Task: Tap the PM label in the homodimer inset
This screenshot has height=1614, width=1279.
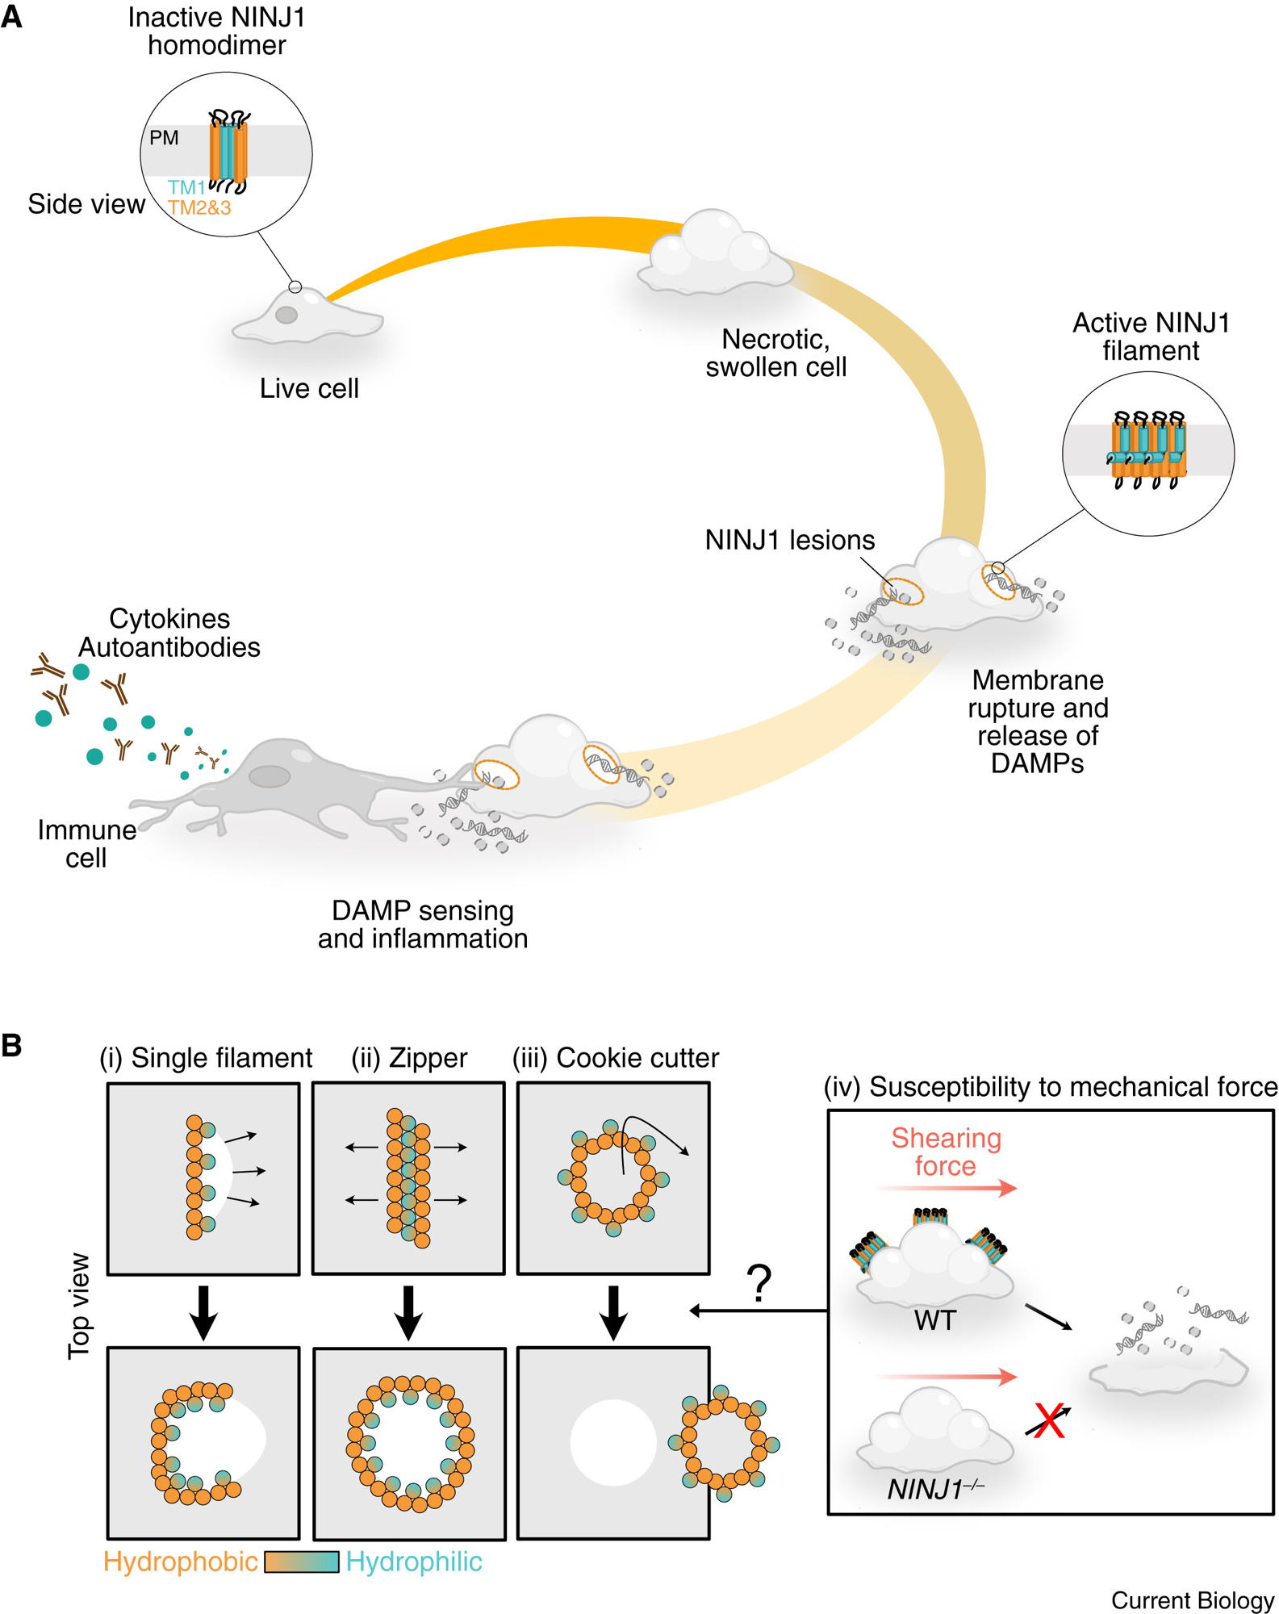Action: [x=164, y=138]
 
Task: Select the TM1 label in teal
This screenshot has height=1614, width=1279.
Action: [x=186, y=188]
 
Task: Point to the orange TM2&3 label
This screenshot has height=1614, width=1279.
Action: [x=199, y=208]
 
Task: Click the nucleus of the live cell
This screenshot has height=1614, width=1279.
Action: [x=286, y=315]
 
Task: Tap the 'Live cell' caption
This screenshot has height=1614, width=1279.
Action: [x=309, y=389]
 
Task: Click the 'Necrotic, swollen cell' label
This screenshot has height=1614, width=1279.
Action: [x=775, y=353]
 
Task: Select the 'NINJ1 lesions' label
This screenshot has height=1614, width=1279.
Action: [x=789, y=540]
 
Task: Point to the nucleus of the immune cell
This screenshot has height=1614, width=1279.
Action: [x=270, y=776]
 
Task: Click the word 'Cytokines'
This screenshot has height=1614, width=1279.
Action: [x=169, y=619]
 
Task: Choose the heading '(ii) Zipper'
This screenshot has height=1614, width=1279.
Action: [x=409, y=1058]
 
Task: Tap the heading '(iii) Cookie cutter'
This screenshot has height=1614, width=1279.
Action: [x=616, y=1058]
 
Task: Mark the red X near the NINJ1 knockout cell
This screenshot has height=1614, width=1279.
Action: [x=1049, y=1421]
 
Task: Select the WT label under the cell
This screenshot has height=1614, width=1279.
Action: [x=935, y=1321]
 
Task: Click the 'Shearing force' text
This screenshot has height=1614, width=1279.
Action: [x=946, y=1152]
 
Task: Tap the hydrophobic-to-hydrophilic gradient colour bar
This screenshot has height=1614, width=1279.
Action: [x=302, y=1562]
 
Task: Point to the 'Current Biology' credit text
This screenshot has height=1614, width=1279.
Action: [x=1192, y=1600]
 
